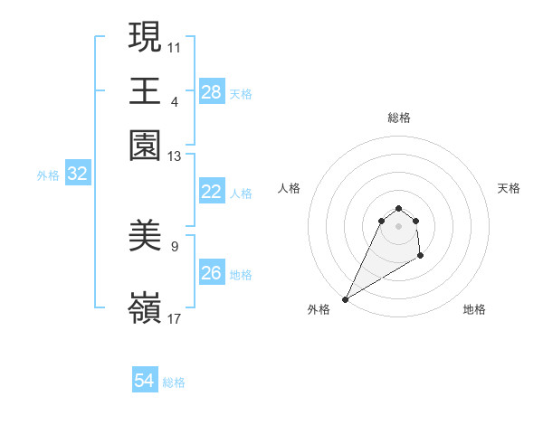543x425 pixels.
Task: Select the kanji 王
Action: click(145, 90)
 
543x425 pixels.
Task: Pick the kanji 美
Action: click(145, 237)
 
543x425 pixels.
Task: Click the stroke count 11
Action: click(175, 46)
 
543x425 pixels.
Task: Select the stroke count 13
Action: click(175, 156)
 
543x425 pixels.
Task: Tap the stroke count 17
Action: click(175, 318)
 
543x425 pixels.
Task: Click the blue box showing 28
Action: click(211, 92)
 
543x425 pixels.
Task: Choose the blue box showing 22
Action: click(211, 192)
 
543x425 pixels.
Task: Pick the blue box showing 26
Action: click(211, 273)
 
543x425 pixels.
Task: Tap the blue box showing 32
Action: click(77, 175)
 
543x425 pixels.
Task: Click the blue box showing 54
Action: click(144, 382)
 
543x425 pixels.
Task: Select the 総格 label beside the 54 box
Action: click(174, 382)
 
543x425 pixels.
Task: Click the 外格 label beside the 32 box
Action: click(48, 175)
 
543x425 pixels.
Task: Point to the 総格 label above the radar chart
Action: click(398, 118)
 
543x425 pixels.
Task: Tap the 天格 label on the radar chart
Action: click(510, 188)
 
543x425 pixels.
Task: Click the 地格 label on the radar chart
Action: click(474, 309)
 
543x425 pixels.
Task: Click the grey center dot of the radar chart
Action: click(398, 226)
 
